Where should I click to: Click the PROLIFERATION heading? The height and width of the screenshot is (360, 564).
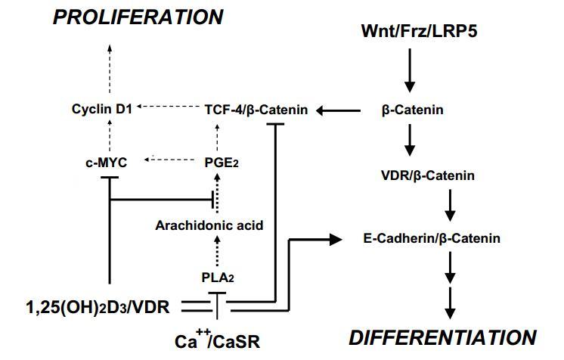click(138, 17)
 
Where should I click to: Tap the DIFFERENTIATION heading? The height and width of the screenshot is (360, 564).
click(444, 337)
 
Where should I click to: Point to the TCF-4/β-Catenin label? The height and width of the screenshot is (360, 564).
click(256, 110)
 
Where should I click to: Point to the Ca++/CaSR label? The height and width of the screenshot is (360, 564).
click(218, 341)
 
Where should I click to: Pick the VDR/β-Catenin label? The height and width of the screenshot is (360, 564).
click(428, 175)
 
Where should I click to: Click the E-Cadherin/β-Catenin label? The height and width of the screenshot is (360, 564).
click(432, 239)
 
